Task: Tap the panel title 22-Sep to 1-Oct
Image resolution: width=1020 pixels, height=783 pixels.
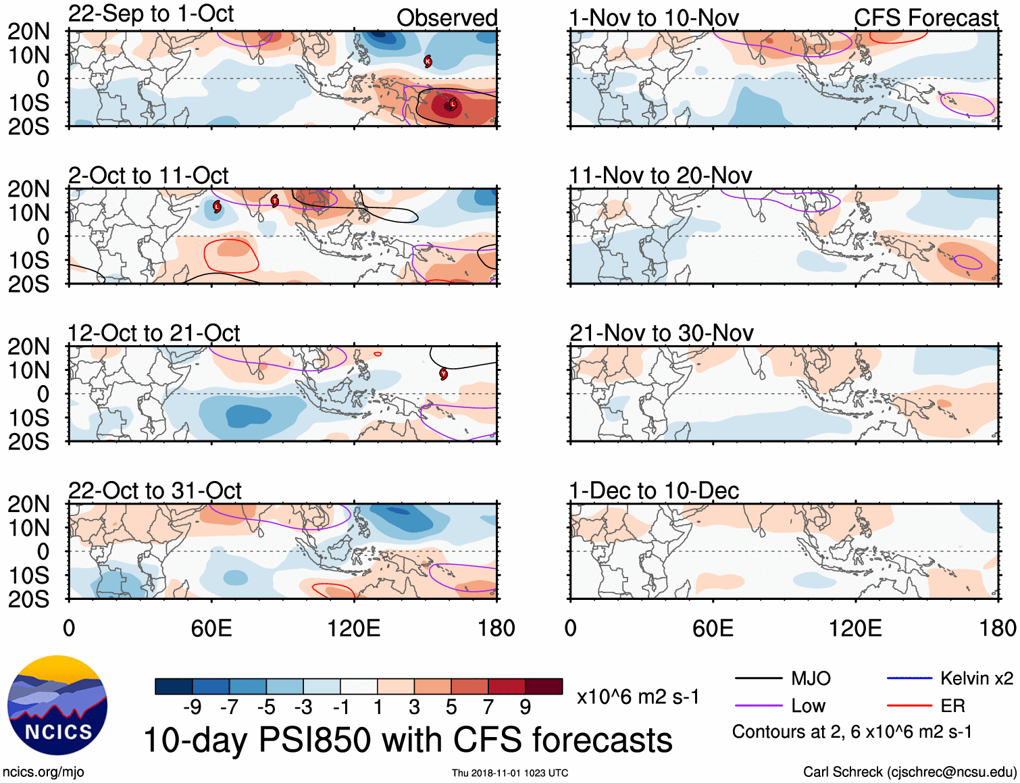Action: [151, 14]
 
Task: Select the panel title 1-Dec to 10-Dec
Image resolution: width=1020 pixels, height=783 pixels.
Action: [654, 490]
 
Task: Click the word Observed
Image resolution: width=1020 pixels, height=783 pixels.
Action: [447, 18]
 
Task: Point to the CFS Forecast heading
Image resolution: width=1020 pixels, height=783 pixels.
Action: [925, 18]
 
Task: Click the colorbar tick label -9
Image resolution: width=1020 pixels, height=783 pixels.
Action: [192, 707]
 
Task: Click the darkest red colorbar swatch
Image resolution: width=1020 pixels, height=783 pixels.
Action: [544, 686]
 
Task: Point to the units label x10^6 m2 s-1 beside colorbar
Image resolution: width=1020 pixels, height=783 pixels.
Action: [638, 697]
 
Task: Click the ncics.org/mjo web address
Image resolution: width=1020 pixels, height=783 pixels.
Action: [43, 772]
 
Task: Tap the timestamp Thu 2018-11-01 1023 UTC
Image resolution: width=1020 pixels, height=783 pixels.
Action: [510, 773]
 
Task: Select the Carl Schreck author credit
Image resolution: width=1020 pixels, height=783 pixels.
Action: [909, 772]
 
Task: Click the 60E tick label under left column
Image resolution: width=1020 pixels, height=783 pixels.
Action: [211, 628]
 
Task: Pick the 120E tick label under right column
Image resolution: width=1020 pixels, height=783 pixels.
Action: [855, 628]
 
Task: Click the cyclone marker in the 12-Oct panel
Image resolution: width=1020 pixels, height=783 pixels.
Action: [443, 374]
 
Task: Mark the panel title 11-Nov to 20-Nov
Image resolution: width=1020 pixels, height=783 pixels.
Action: [660, 176]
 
